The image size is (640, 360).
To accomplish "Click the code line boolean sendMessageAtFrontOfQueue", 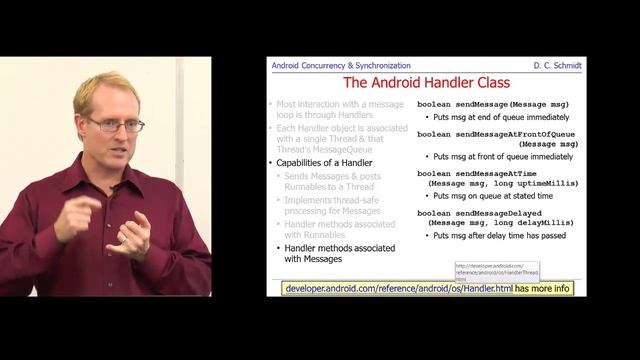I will pyautogui.click(x=498, y=133).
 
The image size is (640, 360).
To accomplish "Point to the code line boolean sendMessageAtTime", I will pyautogui.click(x=480, y=173).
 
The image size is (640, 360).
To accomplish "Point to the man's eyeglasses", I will pyautogui.click(x=117, y=124).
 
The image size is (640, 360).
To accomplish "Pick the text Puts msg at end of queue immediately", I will pyautogui.click(x=506, y=116).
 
